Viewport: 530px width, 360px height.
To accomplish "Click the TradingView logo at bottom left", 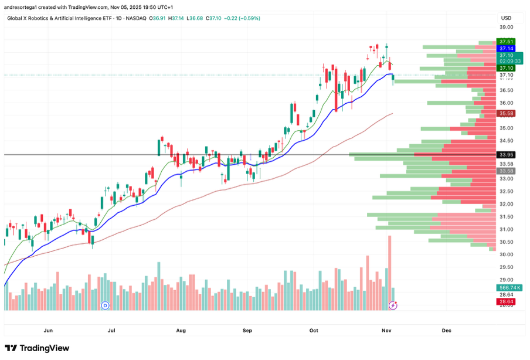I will [x=37, y=348].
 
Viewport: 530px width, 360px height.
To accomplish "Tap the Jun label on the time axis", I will [x=48, y=331].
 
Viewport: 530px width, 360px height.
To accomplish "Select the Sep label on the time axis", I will [x=247, y=331].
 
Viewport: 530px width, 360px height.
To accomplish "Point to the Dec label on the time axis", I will [x=447, y=331].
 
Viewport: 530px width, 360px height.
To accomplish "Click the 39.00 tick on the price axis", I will [x=506, y=27].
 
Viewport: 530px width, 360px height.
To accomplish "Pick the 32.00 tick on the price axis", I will [x=506, y=204].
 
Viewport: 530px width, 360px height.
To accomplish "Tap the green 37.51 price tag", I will [x=506, y=42].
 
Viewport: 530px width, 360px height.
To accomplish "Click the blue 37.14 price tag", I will [x=506, y=49].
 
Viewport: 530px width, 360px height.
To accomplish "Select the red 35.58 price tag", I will [x=506, y=113].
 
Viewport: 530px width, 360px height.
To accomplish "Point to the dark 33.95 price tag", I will [x=506, y=155].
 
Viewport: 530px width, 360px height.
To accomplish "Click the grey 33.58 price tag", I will [x=506, y=171].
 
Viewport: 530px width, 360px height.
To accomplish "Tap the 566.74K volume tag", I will [x=506, y=288].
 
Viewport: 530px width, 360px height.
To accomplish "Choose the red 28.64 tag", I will [x=506, y=301].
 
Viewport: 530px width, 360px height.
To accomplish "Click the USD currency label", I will [x=506, y=18].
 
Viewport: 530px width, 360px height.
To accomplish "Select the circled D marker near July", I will [x=106, y=305].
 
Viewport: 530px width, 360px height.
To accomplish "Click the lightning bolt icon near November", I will [x=393, y=305].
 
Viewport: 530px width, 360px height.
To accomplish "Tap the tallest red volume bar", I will [x=389, y=273].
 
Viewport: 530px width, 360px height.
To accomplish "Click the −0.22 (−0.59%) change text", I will [x=240, y=18].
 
